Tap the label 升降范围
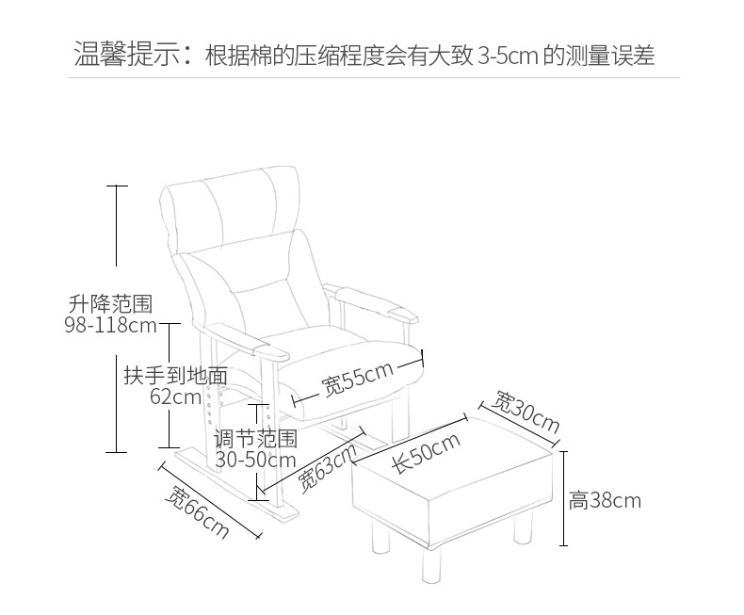point(109,304)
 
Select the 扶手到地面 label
point(176,375)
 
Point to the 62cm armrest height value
point(175,397)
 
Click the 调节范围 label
point(255,439)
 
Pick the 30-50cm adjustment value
point(255,461)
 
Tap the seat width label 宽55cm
point(357,378)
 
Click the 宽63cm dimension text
point(329,466)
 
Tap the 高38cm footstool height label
point(605,501)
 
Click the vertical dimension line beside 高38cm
point(563,498)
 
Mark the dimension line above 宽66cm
point(210,499)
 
